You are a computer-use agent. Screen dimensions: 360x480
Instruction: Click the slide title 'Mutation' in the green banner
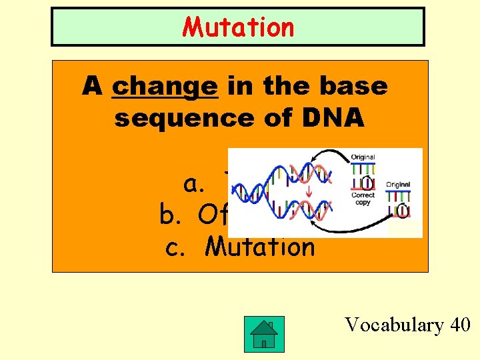(x=238, y=27)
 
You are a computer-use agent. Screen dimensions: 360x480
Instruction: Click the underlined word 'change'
(x=165, y=87)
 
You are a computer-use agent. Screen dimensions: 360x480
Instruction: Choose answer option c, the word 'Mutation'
(x=260, y=247)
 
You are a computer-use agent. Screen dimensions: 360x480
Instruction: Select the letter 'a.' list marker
(x=195, y=185)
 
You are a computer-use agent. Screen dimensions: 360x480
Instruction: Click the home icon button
(x=264, y=331)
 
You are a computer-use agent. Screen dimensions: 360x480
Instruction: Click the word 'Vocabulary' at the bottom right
(x=393, y=325)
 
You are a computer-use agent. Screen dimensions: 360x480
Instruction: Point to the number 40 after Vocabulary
(x=460, y=325)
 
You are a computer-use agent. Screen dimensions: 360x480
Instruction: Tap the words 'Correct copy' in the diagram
(x=363, y=199)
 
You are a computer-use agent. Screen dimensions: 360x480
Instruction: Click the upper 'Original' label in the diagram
(x=363, y=157)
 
